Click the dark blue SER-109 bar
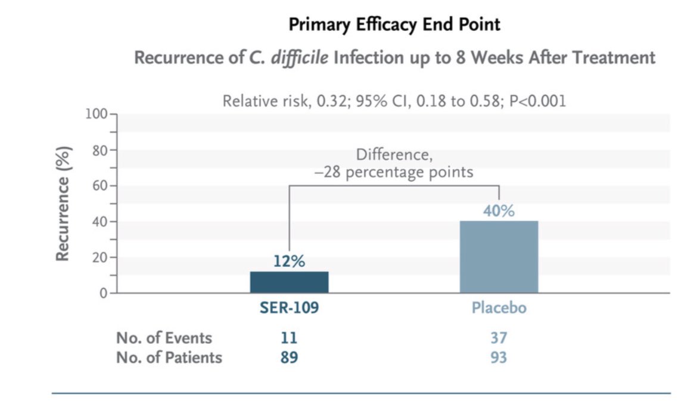(x=289, y=282)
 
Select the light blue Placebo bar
(x=499, y=257)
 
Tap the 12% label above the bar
(x=290, y=261)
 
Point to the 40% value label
(x=499, y=211)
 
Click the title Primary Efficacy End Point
(x=394, y=24)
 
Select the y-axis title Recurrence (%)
(x=63, y=203)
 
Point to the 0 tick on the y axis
(x=103, y=293)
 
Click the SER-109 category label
(x=289, y=309)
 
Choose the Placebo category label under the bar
(x=499, y=309)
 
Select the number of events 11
(x=289, y=338)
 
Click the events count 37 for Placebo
(x=499, y=338)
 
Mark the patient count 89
(x=289, y=358)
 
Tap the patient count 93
(x=499, y=358)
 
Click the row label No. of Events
(x=164, y=338)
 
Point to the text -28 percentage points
(x=394, y=172)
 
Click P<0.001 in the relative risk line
(x=536, y=101)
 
